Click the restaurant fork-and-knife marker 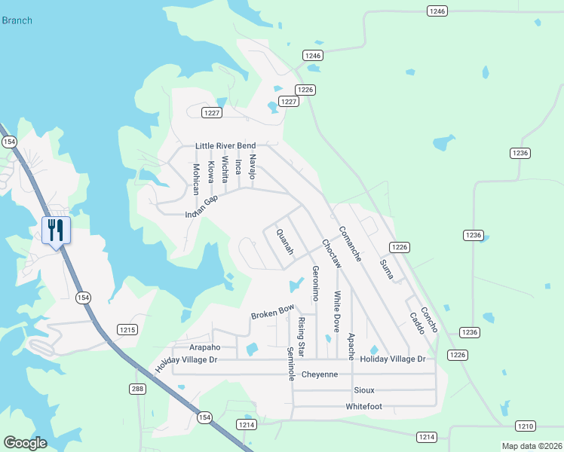55,229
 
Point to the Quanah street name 285,243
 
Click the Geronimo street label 316,285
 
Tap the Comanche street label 350,244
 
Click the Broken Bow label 272,310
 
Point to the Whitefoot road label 364,407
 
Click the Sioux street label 364,390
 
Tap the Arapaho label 204,347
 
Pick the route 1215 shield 127,329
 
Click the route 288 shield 136,389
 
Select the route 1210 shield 526,426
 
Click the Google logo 25,443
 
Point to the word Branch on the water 17,20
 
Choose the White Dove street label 337,312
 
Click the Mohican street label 196,179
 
